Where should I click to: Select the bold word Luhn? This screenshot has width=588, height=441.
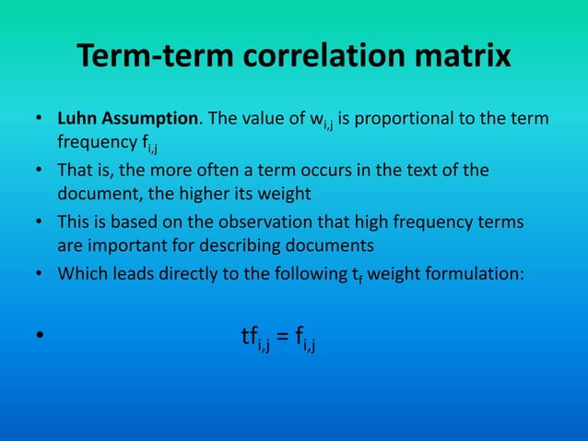point(76,119)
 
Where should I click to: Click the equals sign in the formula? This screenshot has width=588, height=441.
point(282,338)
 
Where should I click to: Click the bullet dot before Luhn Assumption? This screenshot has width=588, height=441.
point(39,120)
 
